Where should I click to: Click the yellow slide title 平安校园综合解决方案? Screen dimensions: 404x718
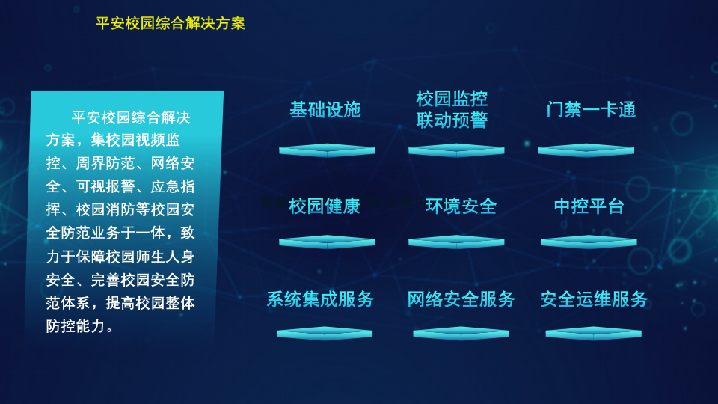171,23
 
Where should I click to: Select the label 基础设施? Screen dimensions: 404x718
325,109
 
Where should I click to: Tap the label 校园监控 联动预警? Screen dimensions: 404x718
452,109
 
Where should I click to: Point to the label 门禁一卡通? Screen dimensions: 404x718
591,109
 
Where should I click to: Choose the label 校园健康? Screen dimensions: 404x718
325,206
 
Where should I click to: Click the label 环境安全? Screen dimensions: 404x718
461,206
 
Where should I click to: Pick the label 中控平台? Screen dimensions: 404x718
589,206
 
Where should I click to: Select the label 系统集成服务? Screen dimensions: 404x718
320,299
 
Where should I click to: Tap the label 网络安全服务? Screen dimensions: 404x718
461,299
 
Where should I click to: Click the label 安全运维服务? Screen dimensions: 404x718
594,299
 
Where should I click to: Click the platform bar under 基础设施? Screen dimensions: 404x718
327,150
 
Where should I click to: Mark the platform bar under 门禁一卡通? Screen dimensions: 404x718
586,150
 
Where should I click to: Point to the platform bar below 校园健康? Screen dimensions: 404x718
327,242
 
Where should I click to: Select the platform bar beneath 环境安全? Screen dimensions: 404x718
456,242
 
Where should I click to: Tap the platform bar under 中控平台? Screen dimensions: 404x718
589,242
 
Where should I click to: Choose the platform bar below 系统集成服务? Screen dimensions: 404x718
325,333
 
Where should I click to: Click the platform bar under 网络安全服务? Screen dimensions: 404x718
461,333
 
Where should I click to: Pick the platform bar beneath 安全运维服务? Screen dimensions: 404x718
593,333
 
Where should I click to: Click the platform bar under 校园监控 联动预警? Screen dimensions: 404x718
456,150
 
